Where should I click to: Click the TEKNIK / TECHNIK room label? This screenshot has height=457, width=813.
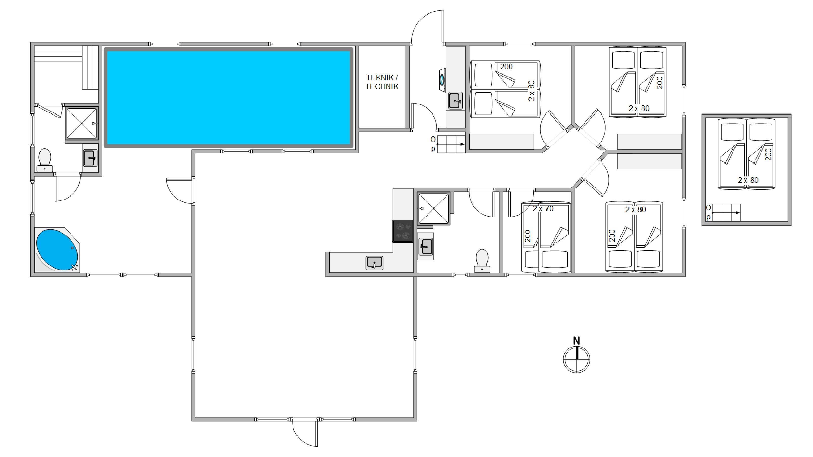[x=382, y=82]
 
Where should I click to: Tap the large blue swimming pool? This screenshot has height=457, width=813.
[x=229, y=97]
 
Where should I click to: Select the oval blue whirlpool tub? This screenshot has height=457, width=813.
[x=57, y=250]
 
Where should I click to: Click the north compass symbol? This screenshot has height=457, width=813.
[x=577, y=359]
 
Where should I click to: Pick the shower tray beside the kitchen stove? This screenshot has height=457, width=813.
[x=434, y=208]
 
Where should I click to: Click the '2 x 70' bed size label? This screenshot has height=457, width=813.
[x=543, y=208]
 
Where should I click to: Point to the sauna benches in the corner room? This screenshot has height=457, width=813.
[x=66, y=68]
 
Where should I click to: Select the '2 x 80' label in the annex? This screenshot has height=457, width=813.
[x=748, y=180]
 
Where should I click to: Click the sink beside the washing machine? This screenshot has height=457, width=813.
[x=456, y=101]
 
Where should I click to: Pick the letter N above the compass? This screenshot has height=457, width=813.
[x=576, y=341]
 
